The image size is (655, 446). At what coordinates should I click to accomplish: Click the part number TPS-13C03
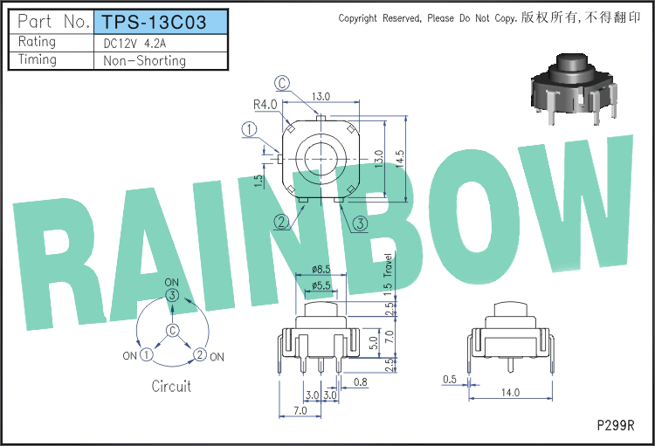(154, 22)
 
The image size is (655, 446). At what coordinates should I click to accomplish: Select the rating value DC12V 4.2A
(134, 44)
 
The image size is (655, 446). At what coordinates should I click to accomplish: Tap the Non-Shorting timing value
(144, 61)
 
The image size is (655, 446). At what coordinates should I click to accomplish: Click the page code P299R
(616, 426)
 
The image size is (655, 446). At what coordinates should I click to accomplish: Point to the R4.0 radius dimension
(265, 105)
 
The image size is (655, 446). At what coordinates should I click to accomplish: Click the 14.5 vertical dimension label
(400, 159)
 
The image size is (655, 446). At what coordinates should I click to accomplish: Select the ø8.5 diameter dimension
(321, 270)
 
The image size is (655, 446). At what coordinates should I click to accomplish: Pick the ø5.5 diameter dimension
(321, 285)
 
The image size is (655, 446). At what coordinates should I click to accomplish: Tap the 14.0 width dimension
(511, 393)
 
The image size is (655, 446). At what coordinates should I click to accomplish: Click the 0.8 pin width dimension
(360, 381)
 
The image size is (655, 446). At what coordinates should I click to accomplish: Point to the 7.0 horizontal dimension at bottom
(300, 410)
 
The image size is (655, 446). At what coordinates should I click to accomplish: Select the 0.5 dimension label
(450, 379)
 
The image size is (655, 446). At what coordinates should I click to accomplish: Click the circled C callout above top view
(282, 83)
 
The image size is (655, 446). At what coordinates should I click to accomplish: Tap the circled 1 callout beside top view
(250, 129)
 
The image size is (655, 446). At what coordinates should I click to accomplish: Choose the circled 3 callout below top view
(360, 223)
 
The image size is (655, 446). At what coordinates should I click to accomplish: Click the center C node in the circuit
(173, 330)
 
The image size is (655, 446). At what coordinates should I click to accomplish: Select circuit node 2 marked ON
(200, 354)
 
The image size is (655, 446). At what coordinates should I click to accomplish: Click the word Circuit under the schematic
(171, 387)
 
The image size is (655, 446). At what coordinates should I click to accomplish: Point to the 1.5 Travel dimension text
(388, 274)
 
